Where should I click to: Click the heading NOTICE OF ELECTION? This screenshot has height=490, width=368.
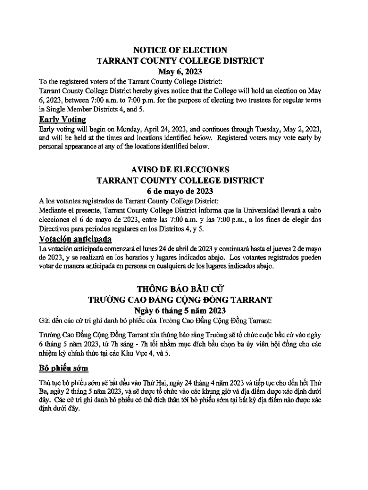(180, 50)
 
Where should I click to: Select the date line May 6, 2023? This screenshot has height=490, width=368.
(180, 72)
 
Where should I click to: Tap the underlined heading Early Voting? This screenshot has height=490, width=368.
(62, 119)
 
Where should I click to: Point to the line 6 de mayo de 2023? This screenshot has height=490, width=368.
(180, 191)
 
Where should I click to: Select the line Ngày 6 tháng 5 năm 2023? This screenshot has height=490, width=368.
(180, 311)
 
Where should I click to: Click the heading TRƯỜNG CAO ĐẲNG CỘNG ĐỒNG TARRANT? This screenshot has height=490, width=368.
(180, 300)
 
